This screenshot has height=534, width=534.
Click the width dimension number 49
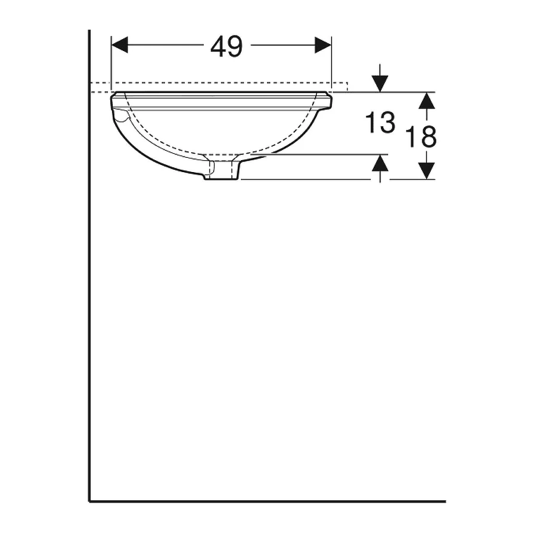227,46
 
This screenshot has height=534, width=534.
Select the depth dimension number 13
380,123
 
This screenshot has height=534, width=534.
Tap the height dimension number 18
422,137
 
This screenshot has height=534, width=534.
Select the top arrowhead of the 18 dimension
427,100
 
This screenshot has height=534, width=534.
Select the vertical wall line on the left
89,267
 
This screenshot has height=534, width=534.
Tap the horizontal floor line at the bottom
267,501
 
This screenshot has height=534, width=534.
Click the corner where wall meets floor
90,501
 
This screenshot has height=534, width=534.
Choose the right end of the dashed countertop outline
347,87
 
